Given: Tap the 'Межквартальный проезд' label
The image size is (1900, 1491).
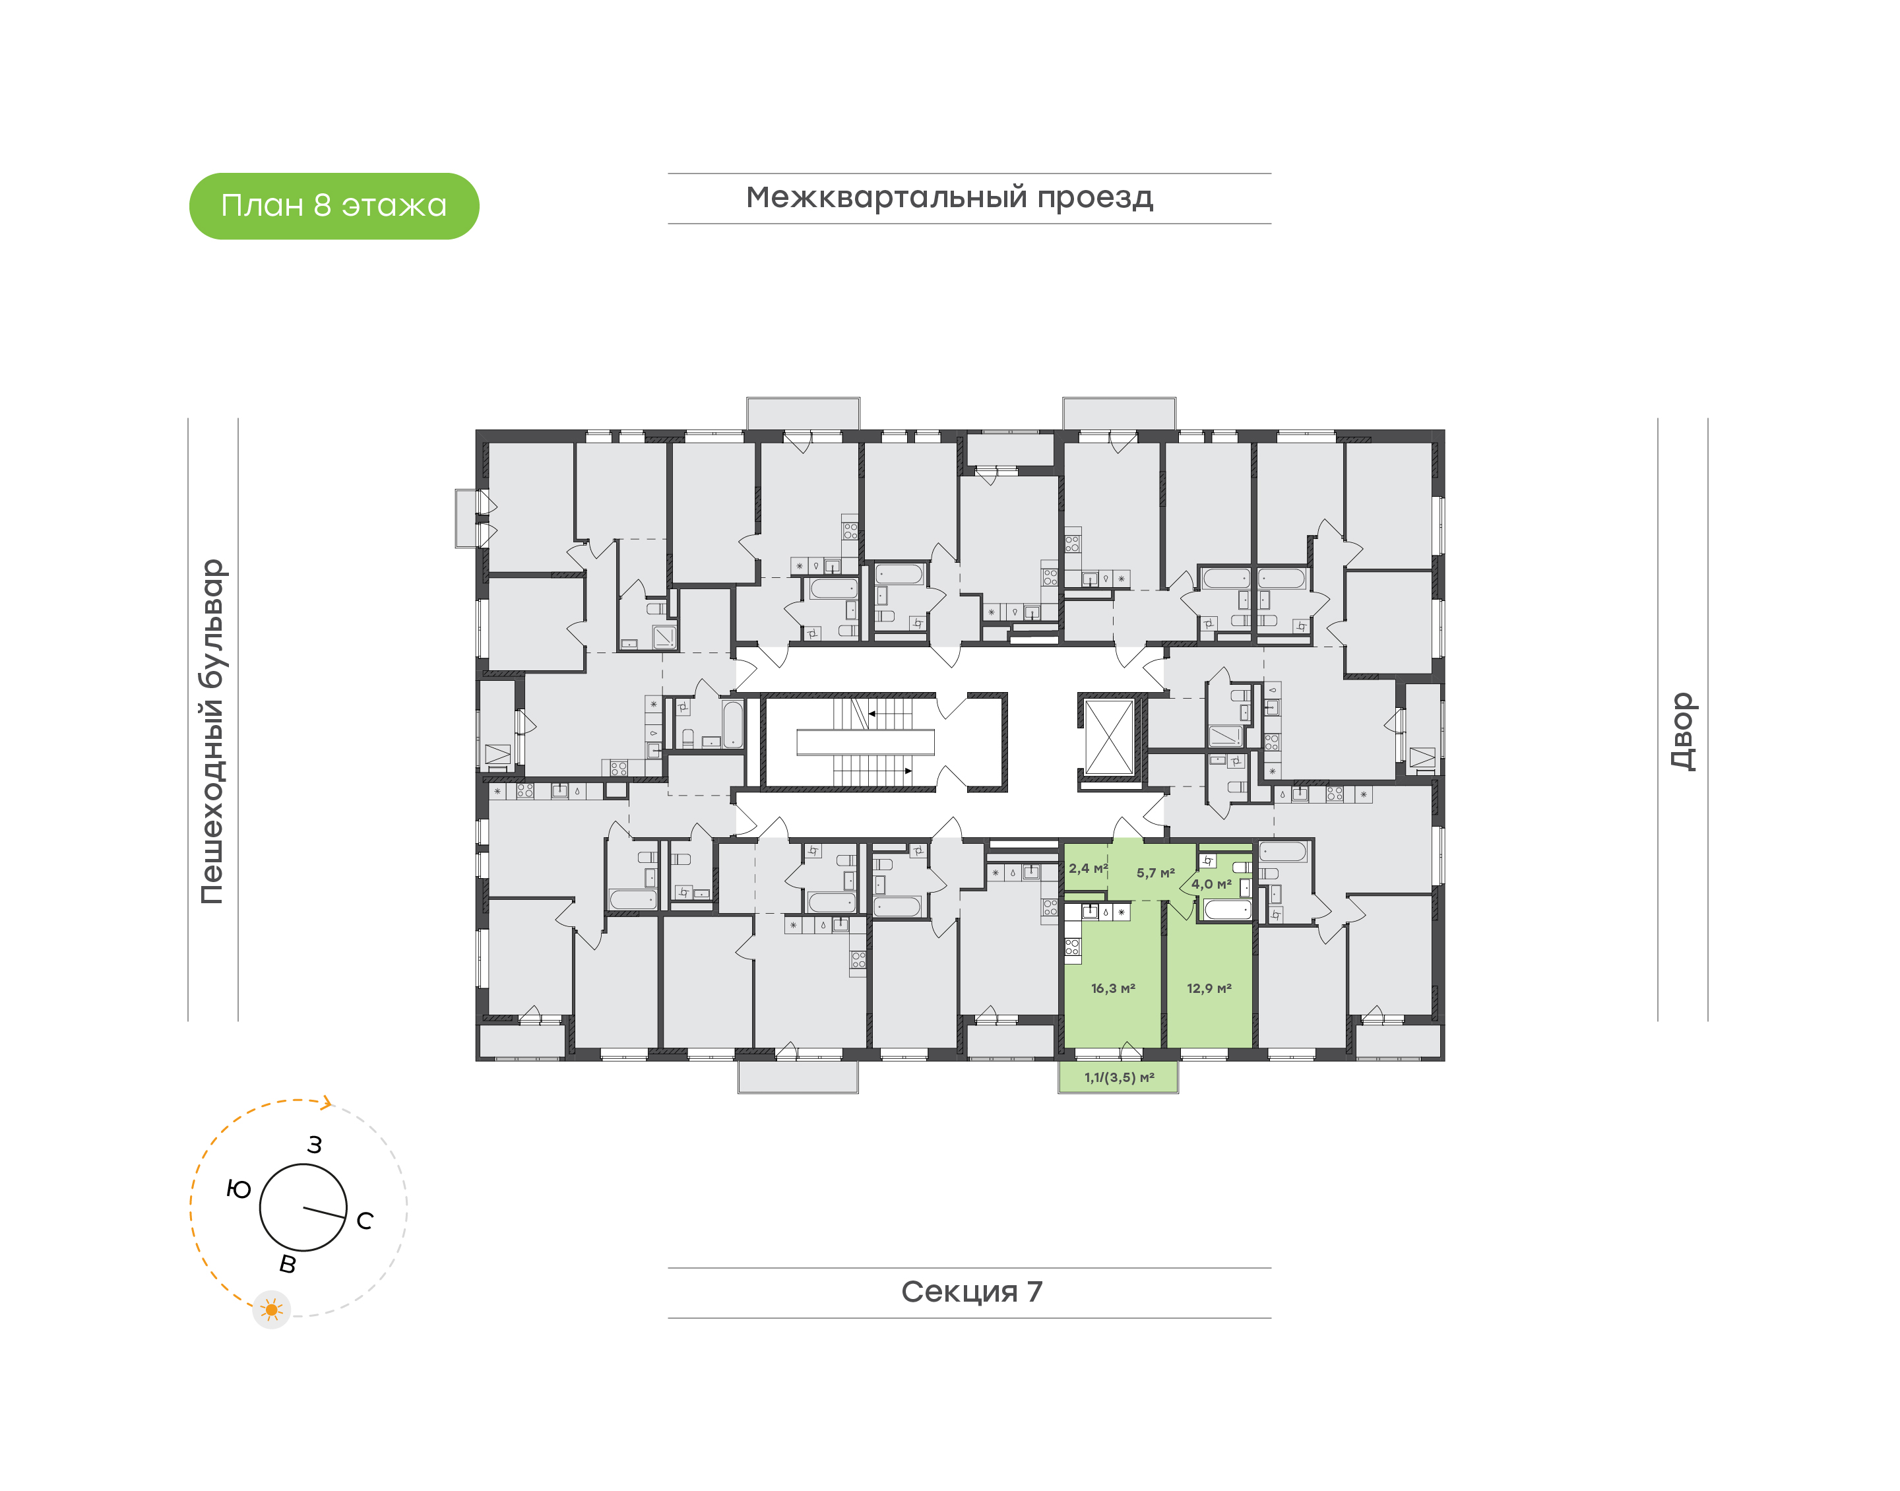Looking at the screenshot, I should click(x=949, y=197).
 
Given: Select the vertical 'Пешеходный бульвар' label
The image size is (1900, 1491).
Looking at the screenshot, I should click(x=212, y=732).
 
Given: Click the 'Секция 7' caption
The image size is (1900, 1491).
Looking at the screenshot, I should click(x=971, y=1291).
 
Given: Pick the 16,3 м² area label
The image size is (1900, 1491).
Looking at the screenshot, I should click(x=1113, y=988).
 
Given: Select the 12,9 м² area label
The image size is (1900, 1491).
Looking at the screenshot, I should click(x=1209, y=988).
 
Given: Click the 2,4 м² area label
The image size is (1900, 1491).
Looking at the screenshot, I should click(x=1087, y=869).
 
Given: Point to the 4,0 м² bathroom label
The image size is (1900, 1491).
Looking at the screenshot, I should click(x=1211, y=884).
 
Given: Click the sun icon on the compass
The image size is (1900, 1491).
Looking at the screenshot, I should click(x=271, y=1310).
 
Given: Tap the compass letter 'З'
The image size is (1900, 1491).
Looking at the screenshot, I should click(x=314, y=1145).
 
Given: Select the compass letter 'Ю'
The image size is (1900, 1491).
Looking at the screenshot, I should click(x=238, y=1189).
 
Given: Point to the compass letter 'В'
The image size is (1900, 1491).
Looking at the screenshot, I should click(x=287, y=1264).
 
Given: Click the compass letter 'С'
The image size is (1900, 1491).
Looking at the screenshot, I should click(x=365, y=1221).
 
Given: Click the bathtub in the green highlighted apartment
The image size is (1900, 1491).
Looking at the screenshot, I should click(x=1227, y=910).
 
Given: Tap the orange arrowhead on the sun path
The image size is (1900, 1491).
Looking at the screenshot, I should click(x=327, y=1102).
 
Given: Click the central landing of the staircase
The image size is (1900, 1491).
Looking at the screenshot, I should click(x=865, y=742).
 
